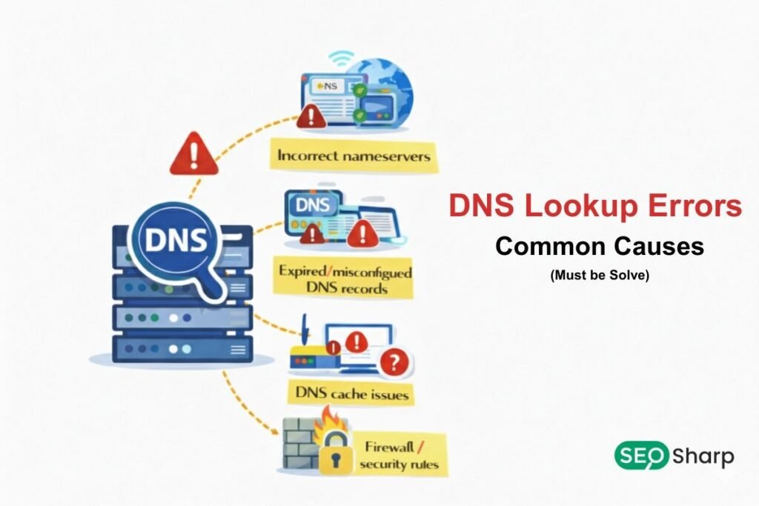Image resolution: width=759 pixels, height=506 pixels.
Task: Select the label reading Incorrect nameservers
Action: click(x=354, y=156)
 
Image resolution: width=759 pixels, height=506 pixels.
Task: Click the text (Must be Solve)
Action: click(x=600, y=276)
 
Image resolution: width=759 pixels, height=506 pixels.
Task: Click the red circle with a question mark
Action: click(x=394, y=362)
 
